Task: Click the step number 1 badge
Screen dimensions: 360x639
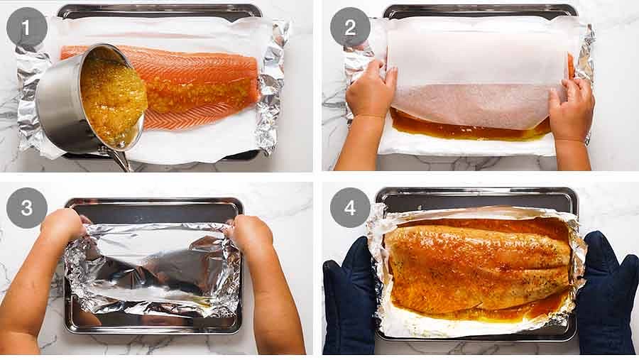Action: pos(27,28)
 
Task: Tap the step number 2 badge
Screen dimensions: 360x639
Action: pos(350,28)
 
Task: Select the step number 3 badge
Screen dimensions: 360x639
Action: pos(27,208)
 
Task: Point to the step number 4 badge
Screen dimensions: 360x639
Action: pos(350,208)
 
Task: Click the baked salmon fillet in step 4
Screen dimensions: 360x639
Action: pos(476,266)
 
